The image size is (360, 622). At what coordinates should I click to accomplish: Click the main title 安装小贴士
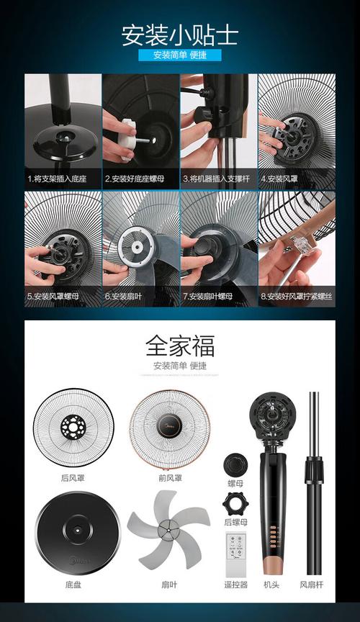click(179, 34)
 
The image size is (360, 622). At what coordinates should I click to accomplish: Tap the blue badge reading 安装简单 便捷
click(179, 55)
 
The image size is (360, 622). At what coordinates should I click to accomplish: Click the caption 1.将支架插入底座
click(57, 178)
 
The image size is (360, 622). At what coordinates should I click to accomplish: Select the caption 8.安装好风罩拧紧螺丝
click(296, 296)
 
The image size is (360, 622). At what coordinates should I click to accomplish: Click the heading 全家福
click(179, 345)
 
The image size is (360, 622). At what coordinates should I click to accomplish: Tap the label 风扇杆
click(312, 585)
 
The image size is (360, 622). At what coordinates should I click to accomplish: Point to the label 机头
click(271, 585)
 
